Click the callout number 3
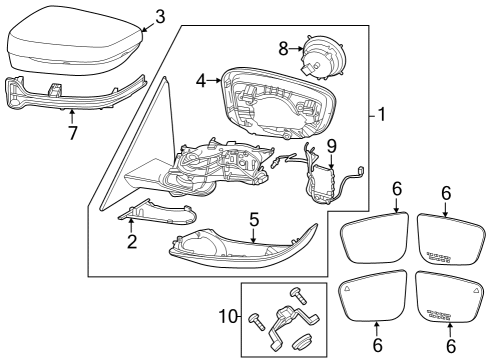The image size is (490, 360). (x=160, y=17)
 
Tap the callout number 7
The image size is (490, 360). (x=72, y=133)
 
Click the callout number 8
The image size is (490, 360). (x=283, y=49)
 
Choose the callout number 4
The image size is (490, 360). (x=201, y=81)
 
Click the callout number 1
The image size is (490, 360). (x=382, y=115)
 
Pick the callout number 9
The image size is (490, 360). (x=332, y=146)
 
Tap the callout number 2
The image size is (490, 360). (x=132, y=242)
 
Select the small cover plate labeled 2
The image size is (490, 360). (x=158, y=214)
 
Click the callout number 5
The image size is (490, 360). (x=254, y=220)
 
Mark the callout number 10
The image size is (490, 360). (x=229, y=316)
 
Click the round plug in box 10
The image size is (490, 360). (x=301, y=343)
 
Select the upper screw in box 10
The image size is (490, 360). (x=298, y=296)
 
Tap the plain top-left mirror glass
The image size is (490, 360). (x=375, y=238)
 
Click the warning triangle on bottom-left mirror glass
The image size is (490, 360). (x=347, y=289)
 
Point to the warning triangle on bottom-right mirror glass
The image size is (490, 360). (x=477, y=290)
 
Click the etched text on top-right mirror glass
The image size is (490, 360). (x=439, y=257)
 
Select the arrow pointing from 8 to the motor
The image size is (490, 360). (x=295, y=49)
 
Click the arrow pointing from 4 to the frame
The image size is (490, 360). (x=214, y=80)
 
